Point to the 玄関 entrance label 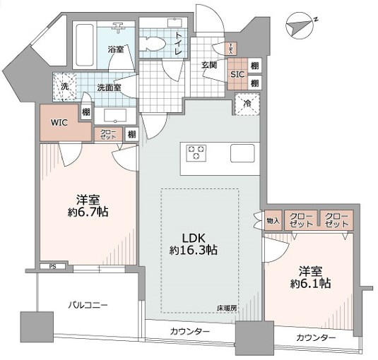pyautogui.click(x=209, y=65)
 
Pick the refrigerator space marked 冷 pyautogui.click(x=248, y=104)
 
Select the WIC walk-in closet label pyautogui.click(x=59, y=121)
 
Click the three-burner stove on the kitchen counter pyautogui.click(x=196, y=151)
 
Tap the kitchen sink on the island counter pyautogui.click(x=242, y=152)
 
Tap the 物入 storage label pyautogui.click(x=273, y=220)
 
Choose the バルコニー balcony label pyautogui.click(x=88, y=305)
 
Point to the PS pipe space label pyautogui.click(x=52, y=267)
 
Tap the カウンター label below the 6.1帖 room pyautogui.click(x=316, y=338)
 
